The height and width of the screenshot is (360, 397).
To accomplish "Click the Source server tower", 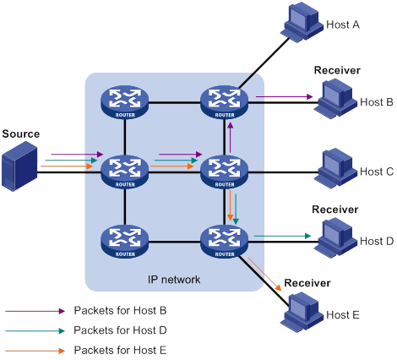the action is click(19, 166).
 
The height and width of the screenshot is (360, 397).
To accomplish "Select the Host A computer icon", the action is click(302, 23).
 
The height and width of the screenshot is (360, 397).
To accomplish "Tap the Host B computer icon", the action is click(335, 99).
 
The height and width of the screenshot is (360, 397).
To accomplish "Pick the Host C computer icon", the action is click(335, 168).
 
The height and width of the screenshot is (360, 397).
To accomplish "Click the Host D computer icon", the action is click(335, 238).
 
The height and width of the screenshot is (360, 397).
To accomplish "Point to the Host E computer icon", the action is click(302, 312).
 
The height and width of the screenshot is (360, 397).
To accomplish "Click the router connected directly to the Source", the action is click(125, 172).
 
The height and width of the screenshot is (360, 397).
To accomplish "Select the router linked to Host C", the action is click(225, 172).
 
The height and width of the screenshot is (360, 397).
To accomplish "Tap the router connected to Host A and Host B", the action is click(225, 102).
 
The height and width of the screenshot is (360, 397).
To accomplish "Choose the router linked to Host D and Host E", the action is click(225, 241).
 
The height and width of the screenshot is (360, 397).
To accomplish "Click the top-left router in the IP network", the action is click(125, 102).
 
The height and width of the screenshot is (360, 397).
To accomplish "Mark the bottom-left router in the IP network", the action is click(125, 241).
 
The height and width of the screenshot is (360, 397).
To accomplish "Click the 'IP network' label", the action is click(174, 280).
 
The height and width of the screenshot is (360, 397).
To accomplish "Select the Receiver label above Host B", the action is click(337, 70).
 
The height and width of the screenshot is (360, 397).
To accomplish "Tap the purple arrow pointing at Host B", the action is click(285, 96).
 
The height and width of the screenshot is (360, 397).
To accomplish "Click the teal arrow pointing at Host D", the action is click(282, 236).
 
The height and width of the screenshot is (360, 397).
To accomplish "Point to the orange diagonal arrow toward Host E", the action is click(264, 274).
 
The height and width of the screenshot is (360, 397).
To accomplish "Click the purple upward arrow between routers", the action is click(231, 138).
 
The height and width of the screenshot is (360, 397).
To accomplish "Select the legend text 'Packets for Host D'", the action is click(120, 330).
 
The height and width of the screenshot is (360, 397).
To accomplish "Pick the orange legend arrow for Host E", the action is click(35, 351).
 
